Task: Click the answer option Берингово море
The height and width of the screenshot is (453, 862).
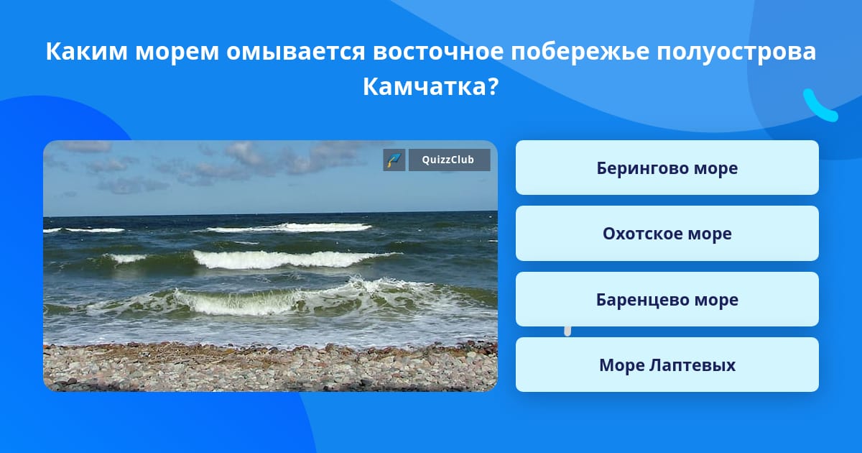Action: coord(667,168)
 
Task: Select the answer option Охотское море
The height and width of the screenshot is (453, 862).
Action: coord(667,234)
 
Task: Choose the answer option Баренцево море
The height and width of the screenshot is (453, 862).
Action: coord(667,299)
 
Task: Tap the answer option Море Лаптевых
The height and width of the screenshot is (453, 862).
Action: coord(667,365)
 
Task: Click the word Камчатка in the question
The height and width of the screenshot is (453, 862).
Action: coord(425,86)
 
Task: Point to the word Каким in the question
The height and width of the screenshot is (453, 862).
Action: coord(87,51)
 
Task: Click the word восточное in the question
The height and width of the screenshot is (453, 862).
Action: coord(438,51)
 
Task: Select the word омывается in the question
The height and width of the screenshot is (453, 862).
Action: coord(295,51)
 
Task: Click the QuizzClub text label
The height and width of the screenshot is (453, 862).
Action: coord(448,160)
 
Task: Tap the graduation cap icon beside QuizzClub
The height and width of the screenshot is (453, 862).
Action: coord(394,160)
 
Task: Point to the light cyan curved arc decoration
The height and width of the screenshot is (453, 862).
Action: coord(820,106)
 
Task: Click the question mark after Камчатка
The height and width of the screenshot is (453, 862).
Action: coord(493,86)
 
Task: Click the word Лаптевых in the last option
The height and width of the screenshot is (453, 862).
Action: coord(692,365)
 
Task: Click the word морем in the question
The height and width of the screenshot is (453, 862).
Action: coord(177,52)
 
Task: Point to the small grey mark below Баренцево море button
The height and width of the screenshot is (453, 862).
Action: coord(567,331)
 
